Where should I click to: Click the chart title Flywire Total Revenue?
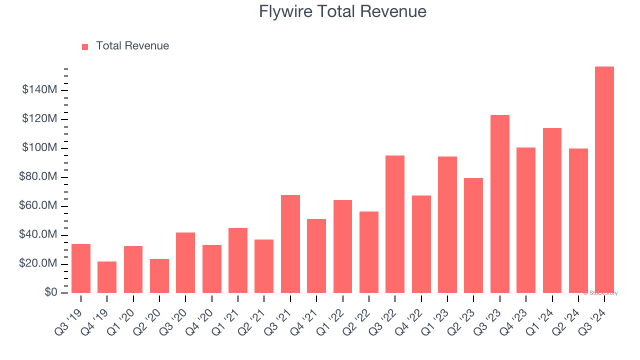[342, 11]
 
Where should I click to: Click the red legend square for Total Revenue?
[85, 46]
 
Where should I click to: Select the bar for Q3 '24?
[604, 179]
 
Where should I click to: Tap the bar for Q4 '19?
[107, 277]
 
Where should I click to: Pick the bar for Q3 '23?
[499, 204]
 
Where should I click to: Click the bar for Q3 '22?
[395, 224]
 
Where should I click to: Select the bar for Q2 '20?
[159, 275]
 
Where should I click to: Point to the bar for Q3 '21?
[290, 243]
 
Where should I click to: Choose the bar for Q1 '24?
[552, 210]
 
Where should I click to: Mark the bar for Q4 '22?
[421, 244]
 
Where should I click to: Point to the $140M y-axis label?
[39, 90]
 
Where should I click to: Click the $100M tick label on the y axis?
[39, 148]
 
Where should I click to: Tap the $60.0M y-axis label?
[38, 206]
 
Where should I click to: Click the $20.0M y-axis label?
[38, 263]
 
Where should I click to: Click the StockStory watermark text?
[600, 293]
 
